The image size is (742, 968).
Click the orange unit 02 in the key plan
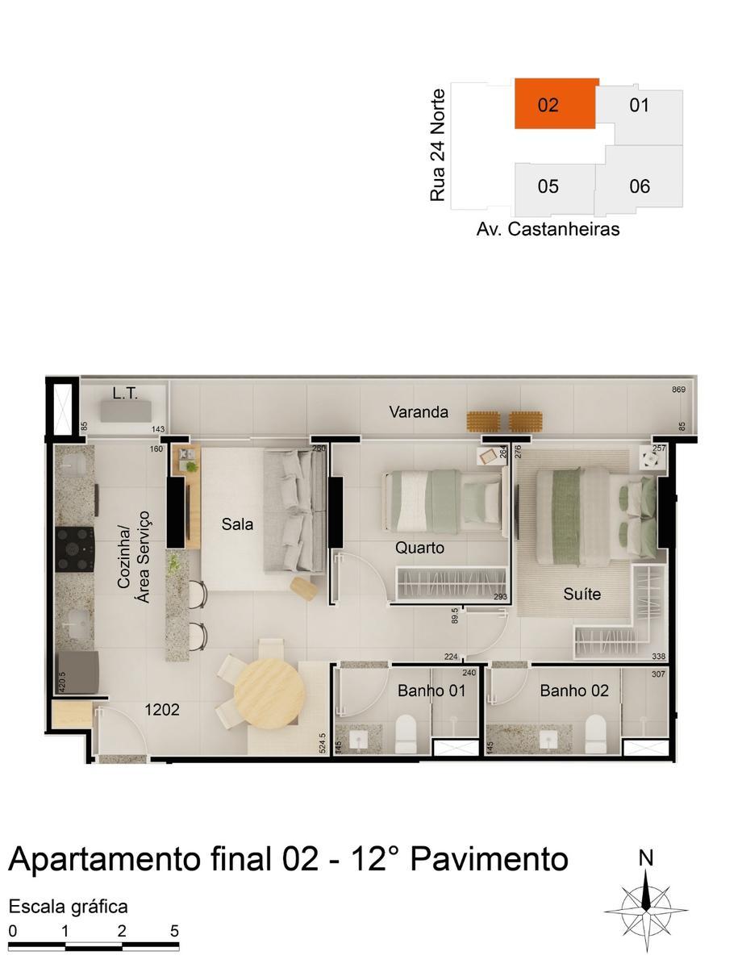(x=556, y=104)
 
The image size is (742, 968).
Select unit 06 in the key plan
(x=640, y=186)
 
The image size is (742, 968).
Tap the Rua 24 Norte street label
(x=438, y=145)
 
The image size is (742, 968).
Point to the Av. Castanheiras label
(x=548, y=229)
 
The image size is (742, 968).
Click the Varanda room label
(x=419, y=412)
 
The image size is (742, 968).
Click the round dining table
(x=269, y=694)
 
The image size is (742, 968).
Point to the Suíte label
(x=582, y=595)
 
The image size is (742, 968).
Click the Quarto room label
(x=419, y=549)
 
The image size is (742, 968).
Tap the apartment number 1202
(x=161, y=711)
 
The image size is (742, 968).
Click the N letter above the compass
(x=645, y=858)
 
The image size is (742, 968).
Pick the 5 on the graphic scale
(x=174, y=930)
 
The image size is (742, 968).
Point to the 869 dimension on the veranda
(x=678, y=390)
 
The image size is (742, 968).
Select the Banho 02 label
(x=574, y=691)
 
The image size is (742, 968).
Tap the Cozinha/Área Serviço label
(x=134, y=565)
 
